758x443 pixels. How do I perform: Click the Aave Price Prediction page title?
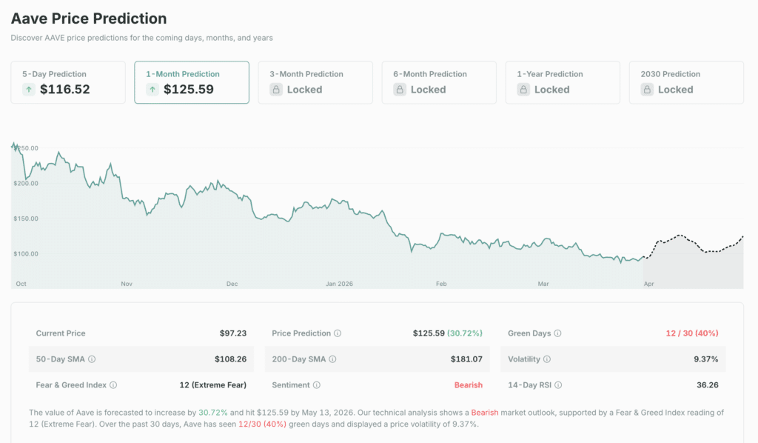click(89, 19)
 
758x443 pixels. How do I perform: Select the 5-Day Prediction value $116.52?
click(64, 90)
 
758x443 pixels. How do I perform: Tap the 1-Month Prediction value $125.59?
click(188, 90)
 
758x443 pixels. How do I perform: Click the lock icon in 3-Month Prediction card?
click(276, 90)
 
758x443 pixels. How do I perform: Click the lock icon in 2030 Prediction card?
click(647, 90)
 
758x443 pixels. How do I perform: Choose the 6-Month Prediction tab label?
click(431, 74)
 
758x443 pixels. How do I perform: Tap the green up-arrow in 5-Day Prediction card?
click(29, 90)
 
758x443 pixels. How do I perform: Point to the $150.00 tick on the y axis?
click(25, 219)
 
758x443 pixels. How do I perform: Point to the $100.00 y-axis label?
click(25, 253)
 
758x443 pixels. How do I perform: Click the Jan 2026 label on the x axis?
click(341, 284)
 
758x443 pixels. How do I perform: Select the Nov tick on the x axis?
click(127, 284)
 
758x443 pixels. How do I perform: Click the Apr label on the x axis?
click(649, 284)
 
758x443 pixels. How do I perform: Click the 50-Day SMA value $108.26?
click(230, 359)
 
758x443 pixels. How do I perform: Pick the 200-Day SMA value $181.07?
click(466, 359)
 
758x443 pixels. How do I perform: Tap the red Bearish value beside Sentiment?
click(468, 385)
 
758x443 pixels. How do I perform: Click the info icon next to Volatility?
click(547, 359)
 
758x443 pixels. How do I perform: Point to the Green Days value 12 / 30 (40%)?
click(692, 333)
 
